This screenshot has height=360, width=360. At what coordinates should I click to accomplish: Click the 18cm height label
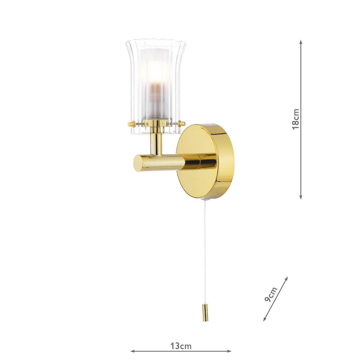click(296, 119)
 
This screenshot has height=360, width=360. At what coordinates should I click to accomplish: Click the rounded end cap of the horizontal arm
click(138, 163)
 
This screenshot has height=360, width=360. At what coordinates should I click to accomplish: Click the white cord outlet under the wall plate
click(204, 200)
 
